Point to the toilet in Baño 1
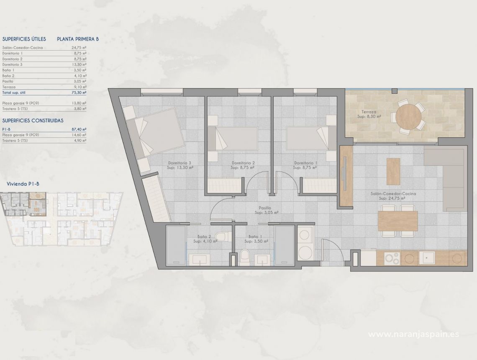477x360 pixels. pos(245,257)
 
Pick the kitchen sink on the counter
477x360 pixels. pos(427,257)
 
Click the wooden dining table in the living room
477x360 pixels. pos(397,221)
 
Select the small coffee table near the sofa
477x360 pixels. pos(393,171)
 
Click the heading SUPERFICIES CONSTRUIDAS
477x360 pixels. pos(33,120)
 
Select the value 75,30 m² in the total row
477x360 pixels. pos(79,92)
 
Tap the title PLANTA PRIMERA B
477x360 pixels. pos(78,39)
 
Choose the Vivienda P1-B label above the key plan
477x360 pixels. pos(23,184)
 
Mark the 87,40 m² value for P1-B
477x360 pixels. pos(79,129)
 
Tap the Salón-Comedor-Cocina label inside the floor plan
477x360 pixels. pos(387,196)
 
